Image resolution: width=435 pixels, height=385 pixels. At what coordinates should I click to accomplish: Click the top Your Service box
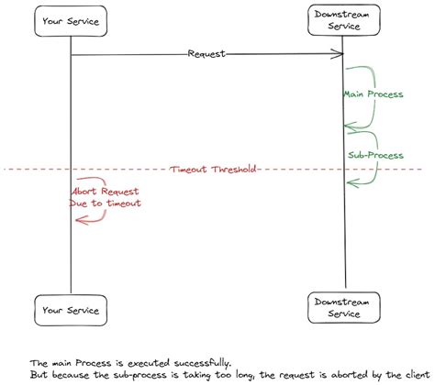pyautogui.click(x=71, y=21)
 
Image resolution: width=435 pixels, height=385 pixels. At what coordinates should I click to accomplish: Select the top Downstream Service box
pyautogui.click(x=343, y=21)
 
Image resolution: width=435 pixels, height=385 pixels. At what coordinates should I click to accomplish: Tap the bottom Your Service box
pyautogui.click(x=71, y=310)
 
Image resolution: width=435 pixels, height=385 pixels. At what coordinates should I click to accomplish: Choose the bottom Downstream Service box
pyautogui.click(x=343, y=310)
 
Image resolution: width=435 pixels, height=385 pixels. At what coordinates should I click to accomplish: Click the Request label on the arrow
pyautogui.click(x=206, y=54)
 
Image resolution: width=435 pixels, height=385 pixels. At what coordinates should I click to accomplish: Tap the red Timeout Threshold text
pyautogui.click(x=212, y=170)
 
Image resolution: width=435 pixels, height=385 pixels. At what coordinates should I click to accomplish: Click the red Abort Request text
pyautogui.click(x=104, y=191)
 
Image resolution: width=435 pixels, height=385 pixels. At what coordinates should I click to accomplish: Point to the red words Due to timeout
pyautogui.click(x=105, y=203)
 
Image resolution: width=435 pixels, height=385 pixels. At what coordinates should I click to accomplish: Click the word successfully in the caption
pyautogui.click(x=195, y=362)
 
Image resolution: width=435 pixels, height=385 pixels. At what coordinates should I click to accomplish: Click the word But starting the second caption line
pyautogui.click(x=39, y=375)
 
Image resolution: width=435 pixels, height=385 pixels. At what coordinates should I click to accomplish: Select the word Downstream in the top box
pyautogui.click(x=343, y=16)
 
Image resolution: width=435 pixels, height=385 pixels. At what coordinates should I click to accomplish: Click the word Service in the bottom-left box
pyautogui.click(x=86, y=310)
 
